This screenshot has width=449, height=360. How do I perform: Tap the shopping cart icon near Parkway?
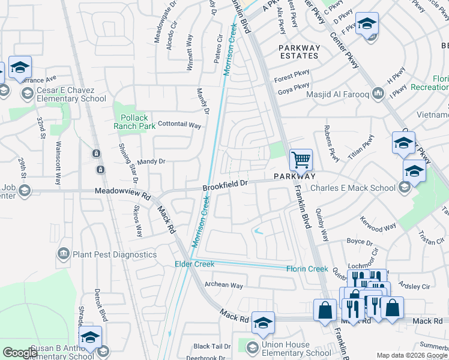(x=301, y=160)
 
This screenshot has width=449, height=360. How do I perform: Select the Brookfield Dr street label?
(x=225, y=186)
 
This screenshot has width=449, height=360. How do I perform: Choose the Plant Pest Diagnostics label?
(x=114, y=254)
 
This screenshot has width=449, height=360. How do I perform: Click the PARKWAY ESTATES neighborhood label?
(x=298, y=51)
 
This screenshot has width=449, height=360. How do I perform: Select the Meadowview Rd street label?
(x=122, y=193)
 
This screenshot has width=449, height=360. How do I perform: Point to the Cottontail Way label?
(x=179, y=125)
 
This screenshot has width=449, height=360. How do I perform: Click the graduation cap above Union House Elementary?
(x=263, y=322)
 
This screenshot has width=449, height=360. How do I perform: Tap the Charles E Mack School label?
(x=352, y=188)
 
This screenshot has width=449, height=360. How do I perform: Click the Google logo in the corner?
(x=20, y=353)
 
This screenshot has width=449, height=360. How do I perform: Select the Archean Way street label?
(x=224, y=285)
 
